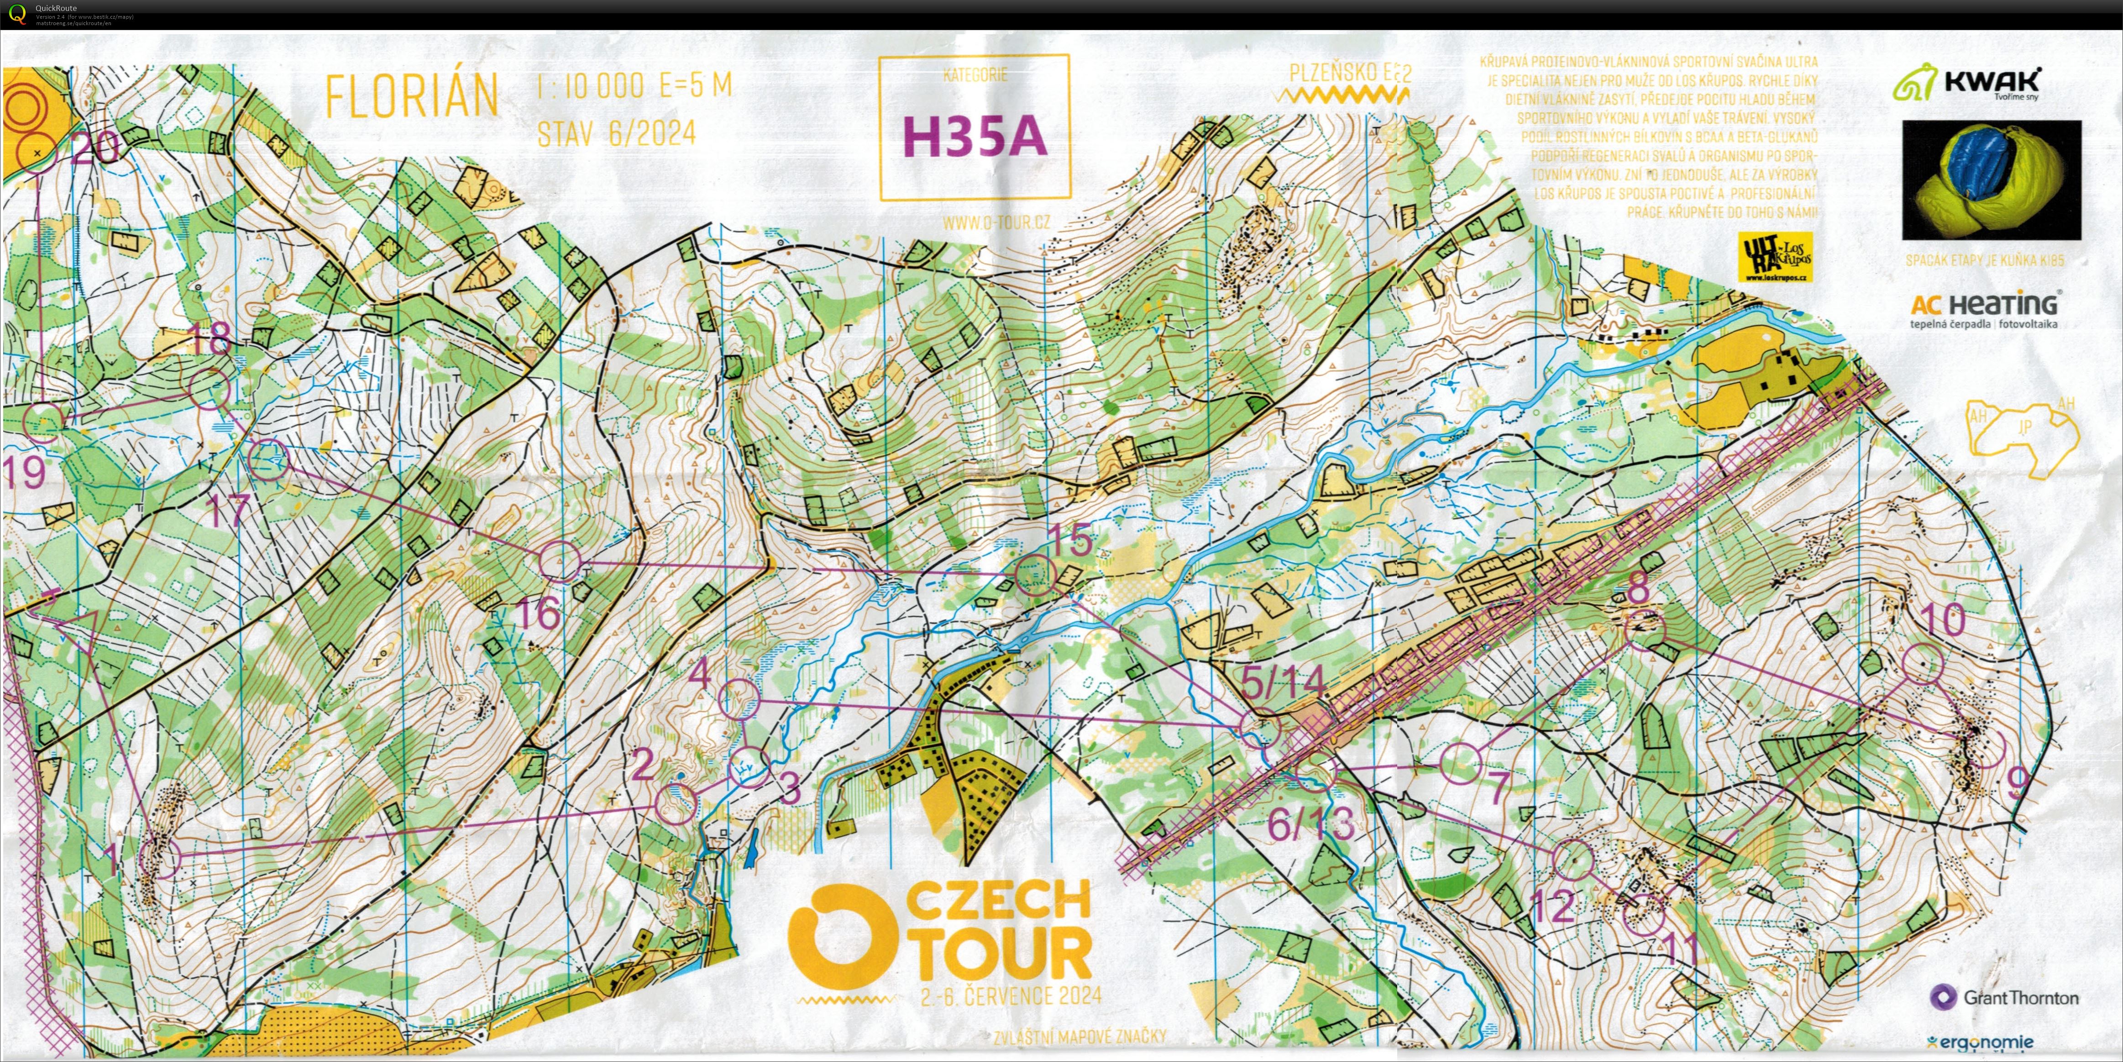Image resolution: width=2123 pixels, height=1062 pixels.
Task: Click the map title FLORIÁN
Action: pos(412,96)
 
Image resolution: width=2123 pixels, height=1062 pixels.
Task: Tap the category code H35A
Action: pos(975,136)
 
